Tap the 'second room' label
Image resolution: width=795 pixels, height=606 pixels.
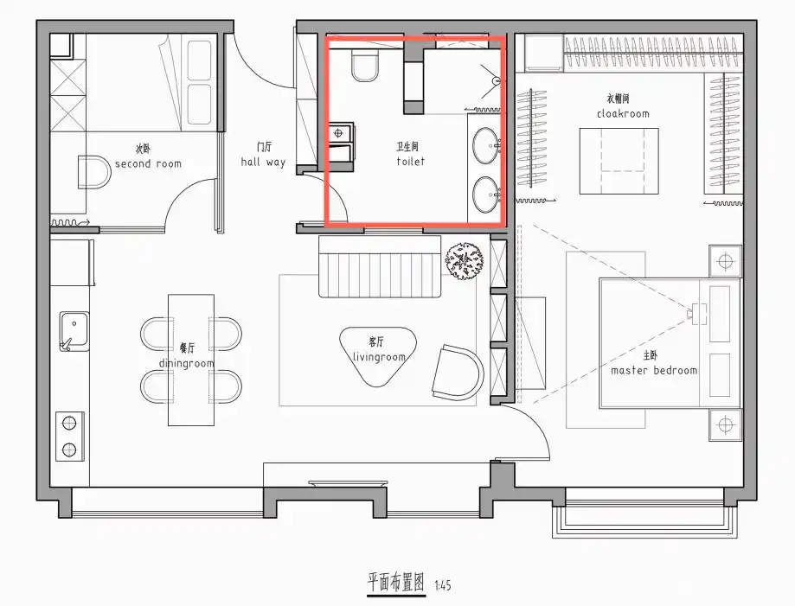[148, 163]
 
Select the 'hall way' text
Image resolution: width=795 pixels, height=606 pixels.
[263, 162]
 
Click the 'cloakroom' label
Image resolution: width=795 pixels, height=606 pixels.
[622, 113]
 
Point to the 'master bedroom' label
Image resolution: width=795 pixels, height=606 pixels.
[653, 370]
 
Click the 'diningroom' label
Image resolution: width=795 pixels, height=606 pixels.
[186, 363]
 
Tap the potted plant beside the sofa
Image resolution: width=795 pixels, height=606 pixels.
[465, 259]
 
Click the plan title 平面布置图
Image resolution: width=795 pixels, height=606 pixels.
[395, 583]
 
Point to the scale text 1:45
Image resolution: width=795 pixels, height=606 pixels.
[441, 585]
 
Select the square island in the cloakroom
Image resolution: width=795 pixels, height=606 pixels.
[619, 161]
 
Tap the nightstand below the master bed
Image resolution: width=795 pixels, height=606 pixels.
[724, 424]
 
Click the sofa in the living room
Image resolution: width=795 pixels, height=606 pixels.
[380, 267]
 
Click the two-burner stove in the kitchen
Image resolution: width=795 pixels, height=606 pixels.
[70, 437]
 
